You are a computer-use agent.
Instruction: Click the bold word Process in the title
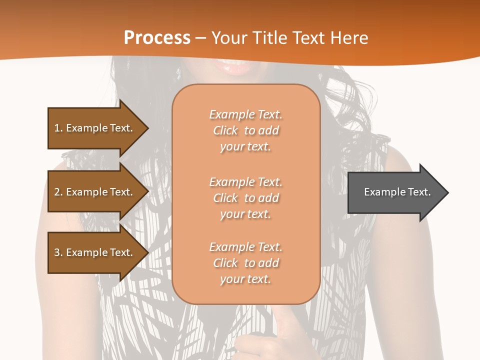pos(157,38)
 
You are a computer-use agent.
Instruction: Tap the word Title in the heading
pos(270,38)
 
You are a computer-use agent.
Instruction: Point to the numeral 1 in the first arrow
pos(57,128)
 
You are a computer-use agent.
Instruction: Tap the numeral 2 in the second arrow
pos(57,192)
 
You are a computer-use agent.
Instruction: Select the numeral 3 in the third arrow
pos(57,252)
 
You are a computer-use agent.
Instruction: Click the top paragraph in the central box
pos(245,130)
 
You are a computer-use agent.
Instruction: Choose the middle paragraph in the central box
pos(245,198)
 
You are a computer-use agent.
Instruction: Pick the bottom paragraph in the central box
pos(245,263)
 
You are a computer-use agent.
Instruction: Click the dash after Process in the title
pos(201,38)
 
